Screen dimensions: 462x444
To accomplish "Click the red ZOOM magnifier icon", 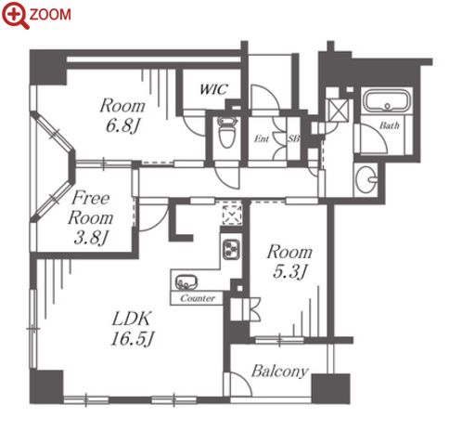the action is click(15, 15).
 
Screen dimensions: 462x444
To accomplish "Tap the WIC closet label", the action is click(214, 89).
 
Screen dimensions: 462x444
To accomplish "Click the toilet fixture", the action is click(227, 133).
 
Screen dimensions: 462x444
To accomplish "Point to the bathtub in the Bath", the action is click(387, 100).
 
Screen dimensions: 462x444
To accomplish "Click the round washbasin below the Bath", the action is click(366, 179).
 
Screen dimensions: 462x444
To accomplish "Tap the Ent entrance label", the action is click(262, 139).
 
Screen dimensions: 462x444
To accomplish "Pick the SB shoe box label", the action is click(293, 139).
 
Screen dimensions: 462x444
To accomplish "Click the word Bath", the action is click(390, 125).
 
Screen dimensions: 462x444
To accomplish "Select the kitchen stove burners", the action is click(231, 249).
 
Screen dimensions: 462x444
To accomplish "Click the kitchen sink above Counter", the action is click(186, 282).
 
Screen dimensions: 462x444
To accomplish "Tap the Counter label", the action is click(198, 298).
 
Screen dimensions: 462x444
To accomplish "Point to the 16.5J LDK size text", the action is click(133, 338).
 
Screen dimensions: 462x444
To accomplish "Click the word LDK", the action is click(132, 319).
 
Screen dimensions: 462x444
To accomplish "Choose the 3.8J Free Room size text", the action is click(91, 238).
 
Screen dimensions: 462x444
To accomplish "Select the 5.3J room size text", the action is click(289, 272).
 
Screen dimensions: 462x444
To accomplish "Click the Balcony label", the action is click(280, 371).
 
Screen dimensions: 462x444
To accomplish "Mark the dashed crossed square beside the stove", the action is click(232, 214).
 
